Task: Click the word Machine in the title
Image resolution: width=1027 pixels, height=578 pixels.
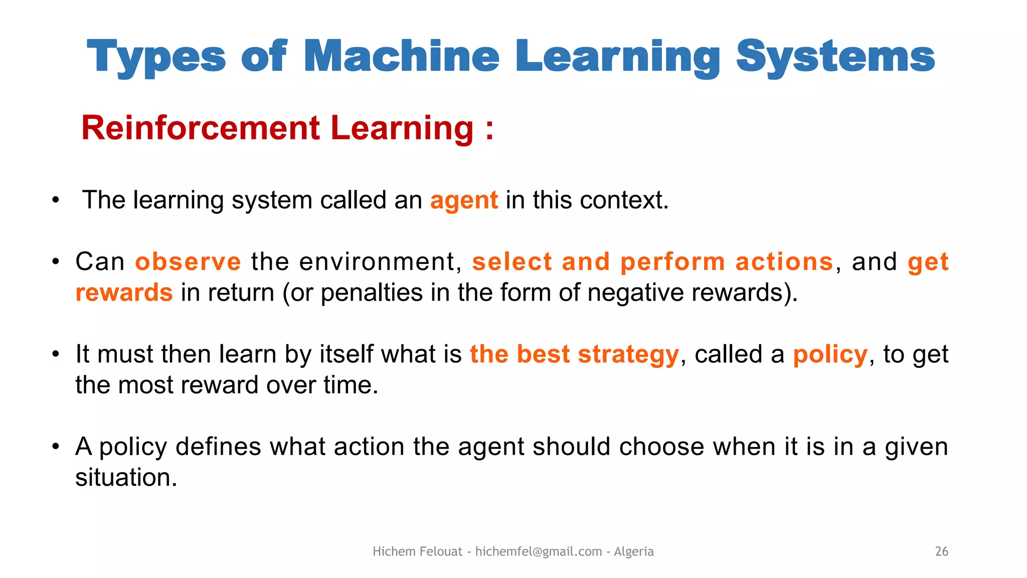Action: click(x=401, y=56)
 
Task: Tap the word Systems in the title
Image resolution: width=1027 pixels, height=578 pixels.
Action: click(x=835, y=57)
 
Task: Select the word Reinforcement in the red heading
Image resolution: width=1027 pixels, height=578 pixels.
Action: click(x=200, y=128)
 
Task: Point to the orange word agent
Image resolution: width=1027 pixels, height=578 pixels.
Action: click(x=464, y=201)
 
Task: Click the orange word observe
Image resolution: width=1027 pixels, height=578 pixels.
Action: click(x=188, y=262)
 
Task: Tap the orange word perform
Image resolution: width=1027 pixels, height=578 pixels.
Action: click(x=672, y=262)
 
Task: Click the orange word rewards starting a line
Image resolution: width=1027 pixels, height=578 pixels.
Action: click(x=124, y=293)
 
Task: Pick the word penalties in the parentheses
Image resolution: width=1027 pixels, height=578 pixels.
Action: click(x=372, y=293)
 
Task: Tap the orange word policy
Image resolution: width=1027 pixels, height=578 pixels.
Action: click(x=830, y=355)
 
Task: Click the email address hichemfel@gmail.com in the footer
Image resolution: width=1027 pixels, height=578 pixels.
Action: click(x=539, y=551)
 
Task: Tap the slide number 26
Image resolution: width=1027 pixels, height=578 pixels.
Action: click(x=941, y=551)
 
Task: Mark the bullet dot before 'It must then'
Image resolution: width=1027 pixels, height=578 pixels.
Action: click(x=56, y=354)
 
